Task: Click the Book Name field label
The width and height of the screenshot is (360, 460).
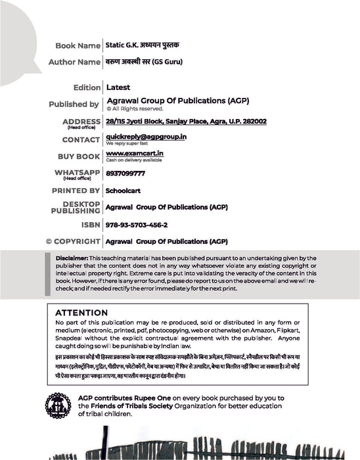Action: click(x=78, y=46)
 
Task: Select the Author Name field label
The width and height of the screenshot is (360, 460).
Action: click(x=74, y=62)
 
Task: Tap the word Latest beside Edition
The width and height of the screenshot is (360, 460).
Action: click(x=118, y=87)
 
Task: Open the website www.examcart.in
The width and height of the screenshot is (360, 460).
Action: click(x=135, y=154)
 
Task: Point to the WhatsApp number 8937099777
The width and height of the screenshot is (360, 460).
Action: click(x=125, y=173)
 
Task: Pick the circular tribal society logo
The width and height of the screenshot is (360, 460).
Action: click(x=58, y=405)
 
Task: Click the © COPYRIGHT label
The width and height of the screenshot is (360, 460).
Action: click(x=72, y=241)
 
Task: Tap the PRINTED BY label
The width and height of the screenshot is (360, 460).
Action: click(x=76, y=191)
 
